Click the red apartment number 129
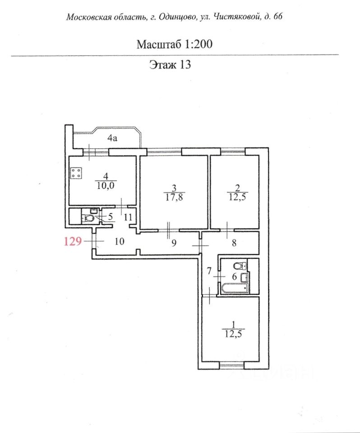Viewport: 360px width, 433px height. coord(72,241)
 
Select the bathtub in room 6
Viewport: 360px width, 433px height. coord(233,288)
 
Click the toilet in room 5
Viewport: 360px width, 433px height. coord(89,219)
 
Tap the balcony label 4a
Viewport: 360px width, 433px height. coord(112,139)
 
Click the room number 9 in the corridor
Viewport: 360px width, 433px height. coord(174,243)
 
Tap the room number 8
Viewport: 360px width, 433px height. coord(234,243)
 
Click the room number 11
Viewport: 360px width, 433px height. coord(128,217)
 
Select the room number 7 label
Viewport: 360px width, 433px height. coord(208,272)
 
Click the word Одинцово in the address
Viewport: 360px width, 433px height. coord(173,17)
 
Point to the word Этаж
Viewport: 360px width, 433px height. coord(162,64)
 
